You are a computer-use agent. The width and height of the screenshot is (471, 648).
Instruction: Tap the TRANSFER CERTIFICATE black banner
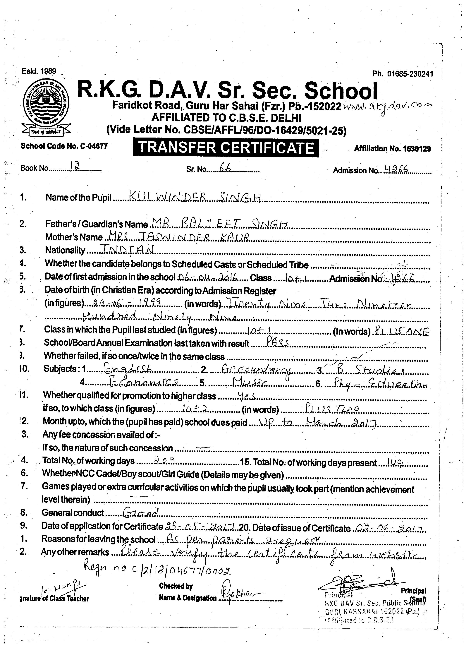pyautogui.click(x=226, y=148)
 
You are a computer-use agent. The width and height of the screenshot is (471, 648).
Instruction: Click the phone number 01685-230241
pyautogui.click(x=410, y=74)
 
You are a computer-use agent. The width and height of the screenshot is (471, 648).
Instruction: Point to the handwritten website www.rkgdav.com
pyautogui.click(x=387, y=107)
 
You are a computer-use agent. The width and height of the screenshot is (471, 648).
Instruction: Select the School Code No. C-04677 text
pyautogui.click(x=64, y=146)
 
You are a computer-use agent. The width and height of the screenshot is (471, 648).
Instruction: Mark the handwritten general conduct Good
pyautogui.click(x=140, y=513)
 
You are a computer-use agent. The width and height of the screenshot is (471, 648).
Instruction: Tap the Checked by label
pyautogui.click(x=176, y=586)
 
